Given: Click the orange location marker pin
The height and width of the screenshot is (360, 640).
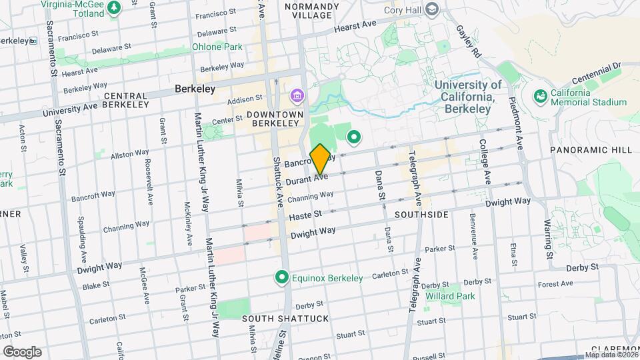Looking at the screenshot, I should coord(320,159).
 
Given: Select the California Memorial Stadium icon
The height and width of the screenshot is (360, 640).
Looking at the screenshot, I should coord(540,97).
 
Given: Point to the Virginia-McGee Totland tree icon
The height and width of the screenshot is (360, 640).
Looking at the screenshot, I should coord(114,7).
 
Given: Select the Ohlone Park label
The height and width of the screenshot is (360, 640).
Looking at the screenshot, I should coord(217,47).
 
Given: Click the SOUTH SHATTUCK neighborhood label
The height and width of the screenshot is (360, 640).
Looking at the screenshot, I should coord(285,319).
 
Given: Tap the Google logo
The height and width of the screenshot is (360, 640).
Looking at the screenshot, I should coord(22,351).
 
